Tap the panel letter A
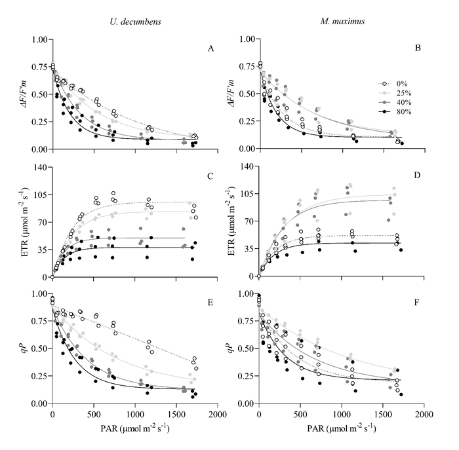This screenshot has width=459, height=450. pos(210,48)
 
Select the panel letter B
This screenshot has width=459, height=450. pos(418,48)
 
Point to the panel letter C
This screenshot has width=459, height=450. pos(210,176)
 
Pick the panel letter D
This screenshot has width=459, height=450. pos(418,176)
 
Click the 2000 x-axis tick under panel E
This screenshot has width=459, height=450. pos(218,415)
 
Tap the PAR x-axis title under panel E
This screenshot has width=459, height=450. pos(135,428)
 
